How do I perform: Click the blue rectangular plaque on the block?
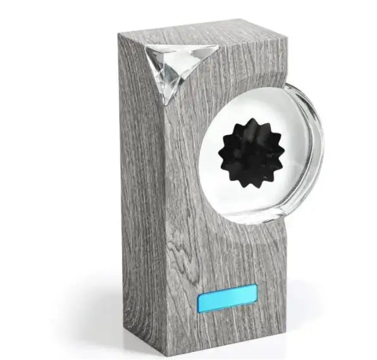pyautogui.click(x=227, y=297)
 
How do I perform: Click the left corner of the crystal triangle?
pyautogui.click(x=145, y=51)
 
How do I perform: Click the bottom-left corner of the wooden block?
pyautogui.click(x=125, y=329)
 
